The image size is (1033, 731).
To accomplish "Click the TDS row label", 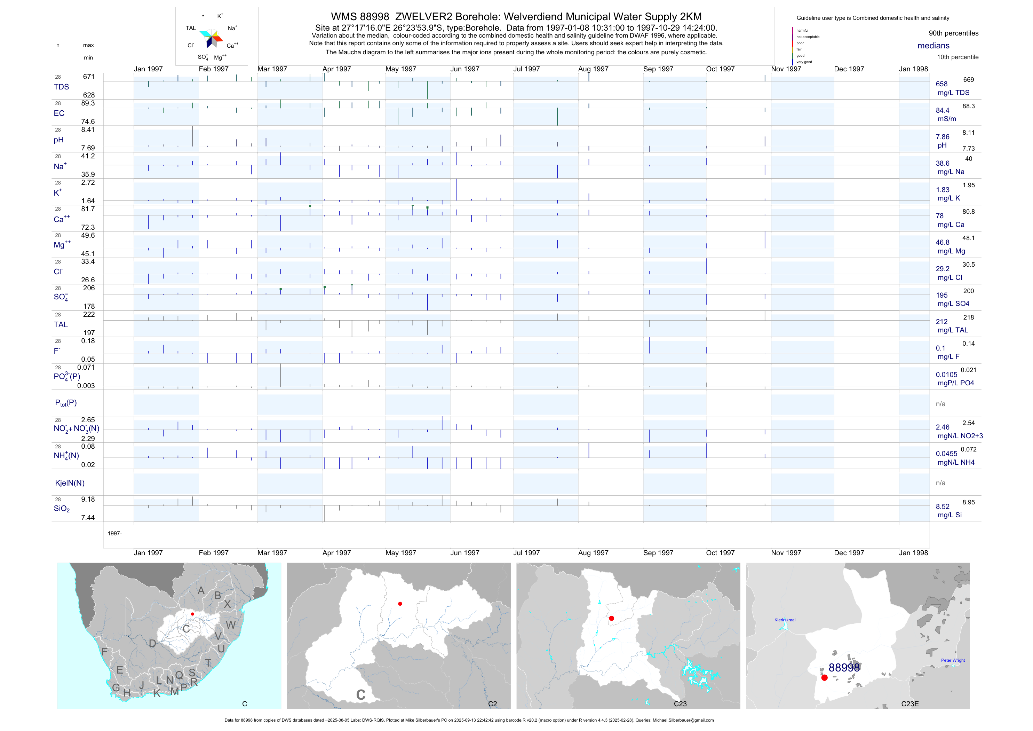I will [61, 87].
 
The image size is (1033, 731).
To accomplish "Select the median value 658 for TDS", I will [941, 84].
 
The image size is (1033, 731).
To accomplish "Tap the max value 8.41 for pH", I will [88, 129].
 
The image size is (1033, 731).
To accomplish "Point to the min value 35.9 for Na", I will [88, 175].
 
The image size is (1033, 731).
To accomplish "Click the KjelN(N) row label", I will [70, 483].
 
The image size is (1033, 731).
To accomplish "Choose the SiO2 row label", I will [62, 509].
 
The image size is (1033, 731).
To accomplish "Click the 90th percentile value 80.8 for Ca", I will [968, 212].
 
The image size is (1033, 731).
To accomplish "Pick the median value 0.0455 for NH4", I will [946, 454].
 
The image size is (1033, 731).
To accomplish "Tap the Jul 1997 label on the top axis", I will [526, 69].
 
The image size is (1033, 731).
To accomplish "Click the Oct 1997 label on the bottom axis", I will [720, 553].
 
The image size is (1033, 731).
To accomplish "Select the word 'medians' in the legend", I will [933, 46].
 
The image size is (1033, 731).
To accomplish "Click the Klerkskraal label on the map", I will [785, 620].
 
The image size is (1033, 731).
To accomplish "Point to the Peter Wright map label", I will [953, 660].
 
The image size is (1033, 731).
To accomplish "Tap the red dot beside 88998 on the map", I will [824, 677].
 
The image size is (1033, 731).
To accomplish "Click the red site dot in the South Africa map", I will [192, 614].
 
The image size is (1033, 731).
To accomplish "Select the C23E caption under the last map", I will [910, 704].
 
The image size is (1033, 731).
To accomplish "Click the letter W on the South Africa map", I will [231, 625].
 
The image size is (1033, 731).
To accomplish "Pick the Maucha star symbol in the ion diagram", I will [211, 38].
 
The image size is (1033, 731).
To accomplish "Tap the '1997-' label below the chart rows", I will [115, 533].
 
